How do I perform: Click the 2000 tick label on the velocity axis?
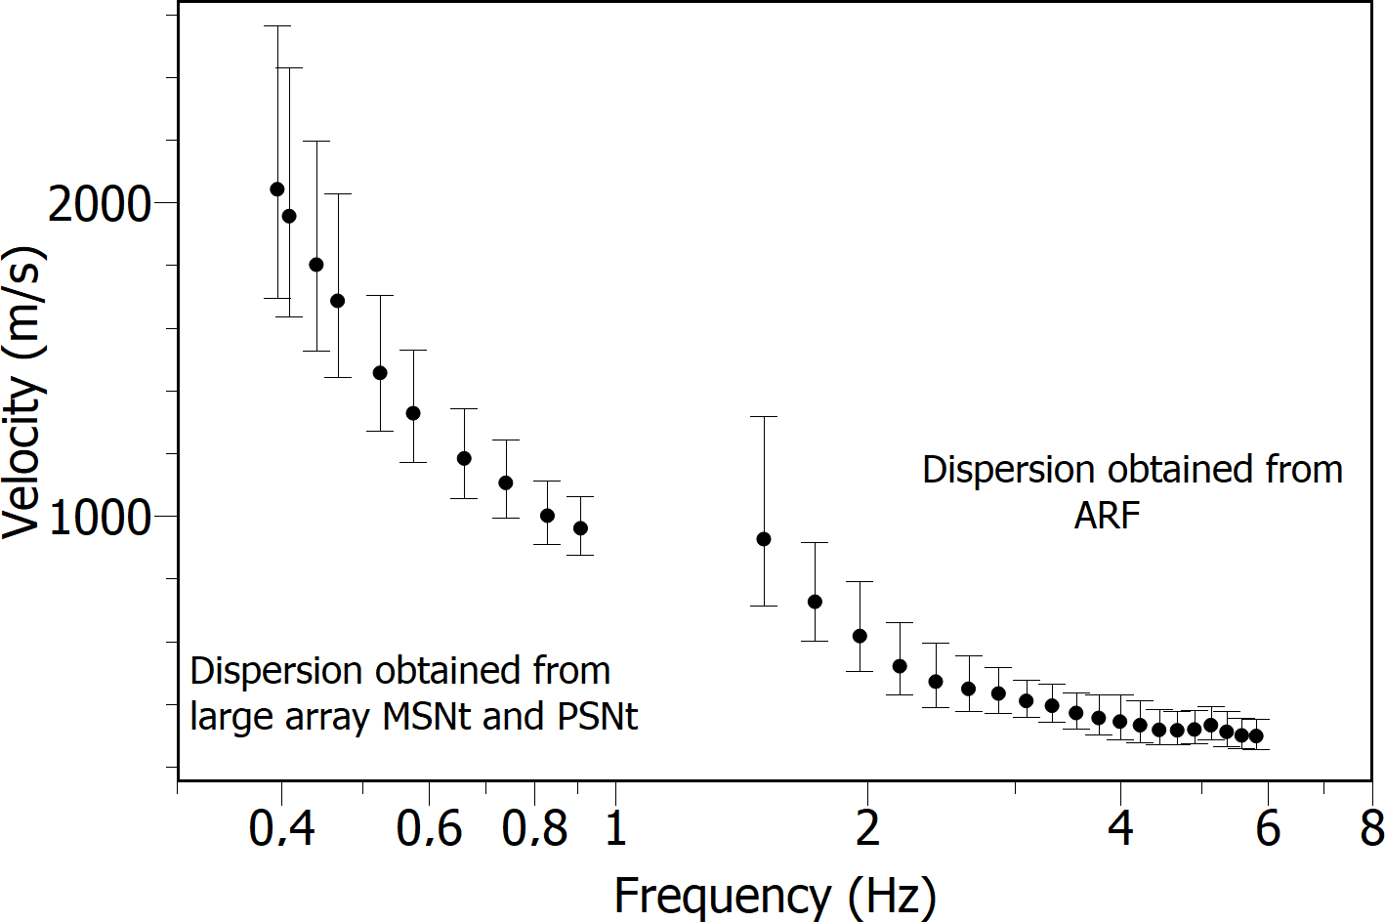point(100,204)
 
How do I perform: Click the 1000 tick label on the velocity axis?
point(100,517)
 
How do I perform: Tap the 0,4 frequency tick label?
point(281,829)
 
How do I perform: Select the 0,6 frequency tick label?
point(429,829)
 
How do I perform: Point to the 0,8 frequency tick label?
point(534,829)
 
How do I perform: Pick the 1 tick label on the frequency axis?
point(615,829)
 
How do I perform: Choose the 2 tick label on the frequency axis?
point(867,829)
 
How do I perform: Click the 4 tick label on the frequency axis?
point(1120,829)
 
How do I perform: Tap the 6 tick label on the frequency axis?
point(1268,829)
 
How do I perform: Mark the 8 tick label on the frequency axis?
point(1372,829)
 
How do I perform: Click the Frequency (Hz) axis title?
point(775,896)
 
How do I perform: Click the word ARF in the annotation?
point(1107,515)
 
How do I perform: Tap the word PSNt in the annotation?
point(597,716)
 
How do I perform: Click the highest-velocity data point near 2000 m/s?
point(277,189)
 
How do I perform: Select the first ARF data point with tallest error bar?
point(764,539)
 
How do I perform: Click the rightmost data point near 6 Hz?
point(1256,736)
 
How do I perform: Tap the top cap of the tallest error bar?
point(277,26)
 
